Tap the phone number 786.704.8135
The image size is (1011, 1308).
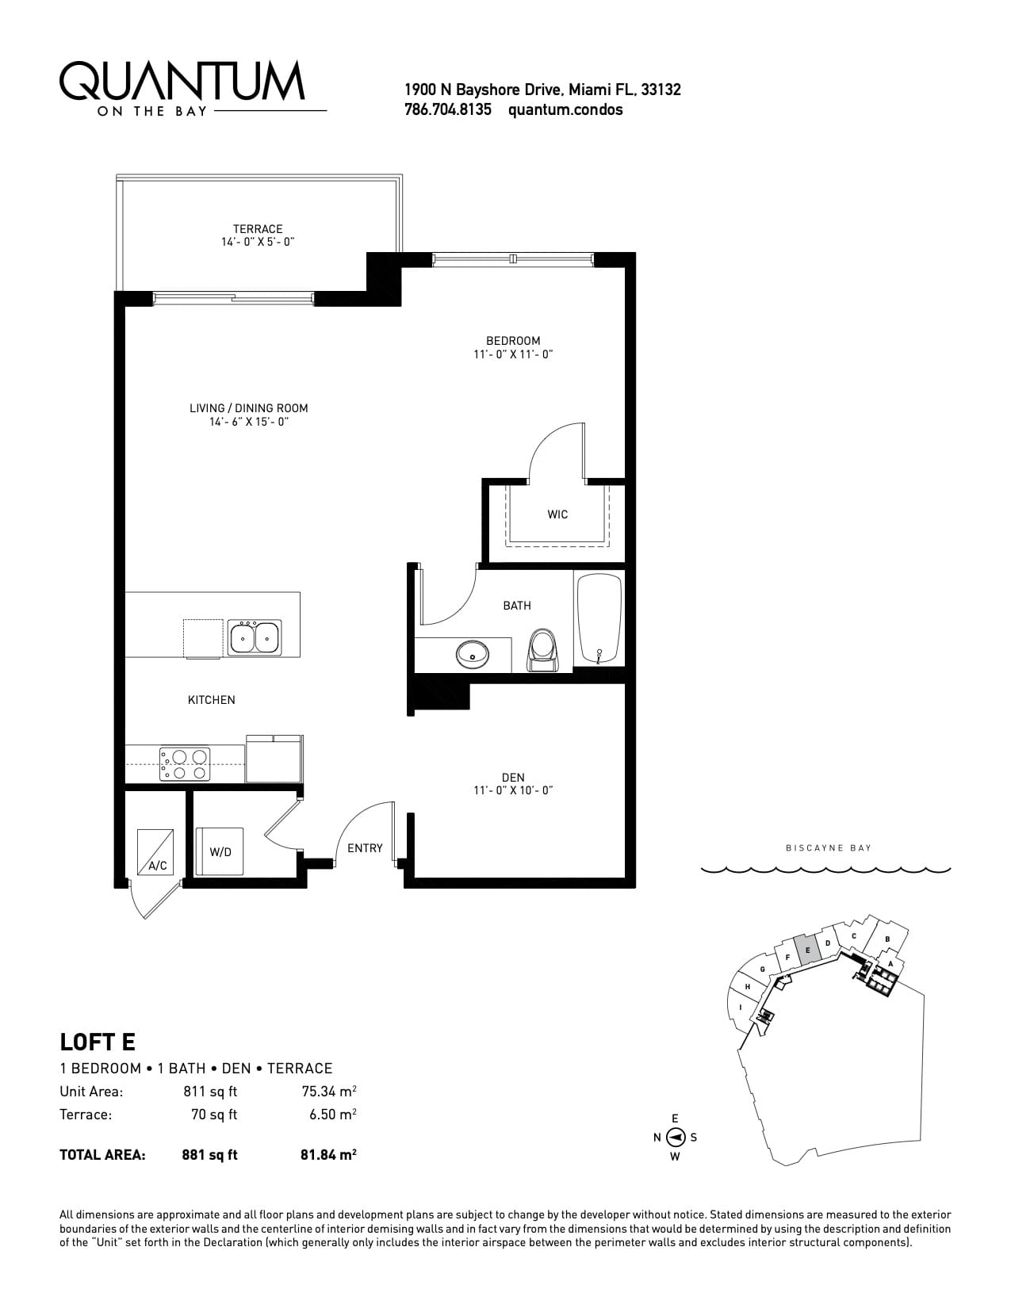(x=447, y=109)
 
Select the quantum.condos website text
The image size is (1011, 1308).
(x=565, y=109)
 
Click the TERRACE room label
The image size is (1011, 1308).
(x=258, y=229)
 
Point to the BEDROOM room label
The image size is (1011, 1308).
(x=513, y=341)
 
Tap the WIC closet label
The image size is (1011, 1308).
(x=557, y=514)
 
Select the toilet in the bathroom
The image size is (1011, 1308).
(x=542, y=650)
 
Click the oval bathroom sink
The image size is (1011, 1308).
(x=473, y=654)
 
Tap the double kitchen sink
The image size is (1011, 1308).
(x=254, y=637)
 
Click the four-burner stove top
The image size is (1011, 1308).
(x=185, y=764)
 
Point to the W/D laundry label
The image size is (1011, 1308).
(x=220, y=852)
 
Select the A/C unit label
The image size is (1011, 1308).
(x=158, y=866)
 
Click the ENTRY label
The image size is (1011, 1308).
(x=365, y=847)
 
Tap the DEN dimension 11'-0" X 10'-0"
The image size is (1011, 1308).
(x=513, y=790)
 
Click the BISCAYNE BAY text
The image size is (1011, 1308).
(x=829, y=847)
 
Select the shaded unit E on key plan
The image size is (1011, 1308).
(x=807, y=950)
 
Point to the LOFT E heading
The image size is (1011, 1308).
(x=98, y=1042)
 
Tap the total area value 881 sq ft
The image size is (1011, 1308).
(x=209, y=1154)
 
